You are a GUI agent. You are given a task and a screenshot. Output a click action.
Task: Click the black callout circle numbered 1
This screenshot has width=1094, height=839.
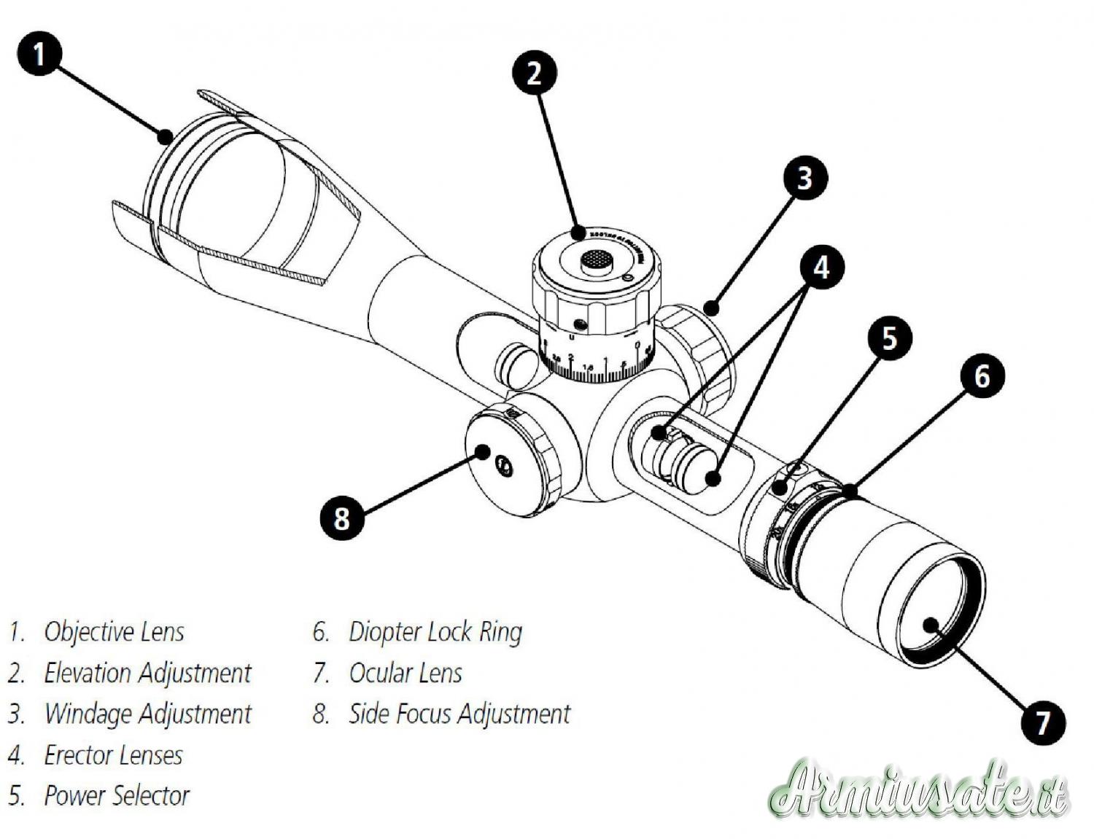pos(39,53)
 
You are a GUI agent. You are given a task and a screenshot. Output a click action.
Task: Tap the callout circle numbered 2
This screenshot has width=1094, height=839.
pos(535,73)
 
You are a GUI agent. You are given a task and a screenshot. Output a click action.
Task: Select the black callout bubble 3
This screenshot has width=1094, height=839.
pos(804,178)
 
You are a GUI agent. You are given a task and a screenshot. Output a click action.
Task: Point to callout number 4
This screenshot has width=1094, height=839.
pos(822,268)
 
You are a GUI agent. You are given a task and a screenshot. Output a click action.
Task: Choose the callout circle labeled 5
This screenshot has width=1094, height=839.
pos(889,339)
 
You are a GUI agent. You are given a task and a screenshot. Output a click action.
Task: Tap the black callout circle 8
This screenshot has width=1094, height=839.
pos(342,518)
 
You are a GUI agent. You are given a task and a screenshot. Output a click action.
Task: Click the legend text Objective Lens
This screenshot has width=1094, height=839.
pos(114,631)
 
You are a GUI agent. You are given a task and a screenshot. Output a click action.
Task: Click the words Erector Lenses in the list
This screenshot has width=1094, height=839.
pos(113,755)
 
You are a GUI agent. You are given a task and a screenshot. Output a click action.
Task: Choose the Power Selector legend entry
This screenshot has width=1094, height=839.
pos(117,795)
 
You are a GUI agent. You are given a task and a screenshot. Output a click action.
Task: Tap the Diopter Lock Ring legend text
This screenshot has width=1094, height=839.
pos(435,631)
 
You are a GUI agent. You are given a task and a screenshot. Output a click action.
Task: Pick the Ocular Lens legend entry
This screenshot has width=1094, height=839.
pos(406,673)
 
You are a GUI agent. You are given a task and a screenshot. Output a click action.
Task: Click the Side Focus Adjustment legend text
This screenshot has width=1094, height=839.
pos(459,714)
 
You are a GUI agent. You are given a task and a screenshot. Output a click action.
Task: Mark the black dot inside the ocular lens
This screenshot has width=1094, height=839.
pos(931,625)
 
